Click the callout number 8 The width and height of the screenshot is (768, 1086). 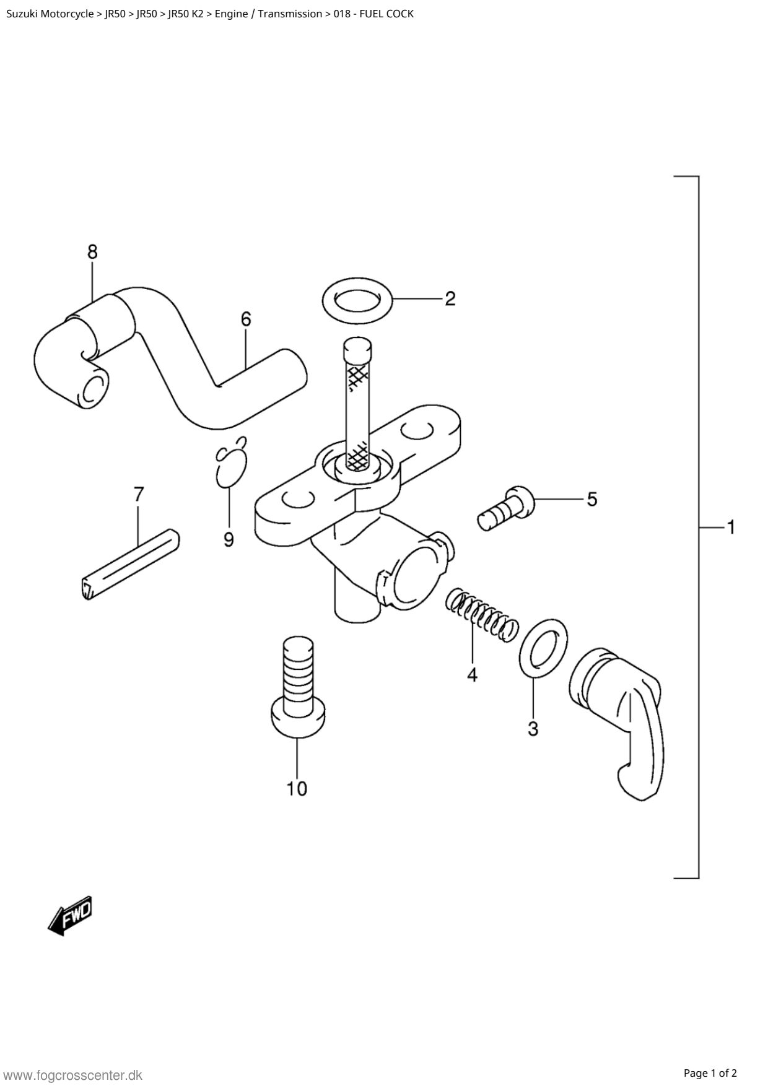tap(92, 252)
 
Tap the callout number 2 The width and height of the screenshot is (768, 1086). tap(450, 298)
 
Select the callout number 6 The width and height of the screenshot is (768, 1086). tap(246, 319)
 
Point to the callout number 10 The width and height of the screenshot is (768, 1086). tap(297, 789)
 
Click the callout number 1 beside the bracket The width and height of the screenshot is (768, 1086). tap(731, 527)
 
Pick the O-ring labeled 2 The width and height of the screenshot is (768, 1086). tap(358, 300)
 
